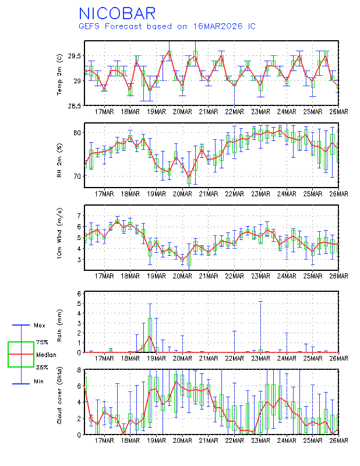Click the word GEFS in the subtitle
tap(89, 26)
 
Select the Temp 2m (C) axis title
tap(60, 73)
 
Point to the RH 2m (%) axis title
tap(60, 156)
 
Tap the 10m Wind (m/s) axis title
tap(60, 237)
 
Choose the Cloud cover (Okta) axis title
tap(60, 401)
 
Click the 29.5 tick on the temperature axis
tap(73, 57)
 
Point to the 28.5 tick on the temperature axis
tap(73, 106)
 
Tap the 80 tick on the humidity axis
tap(77, 133)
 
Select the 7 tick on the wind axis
tap(79, 216)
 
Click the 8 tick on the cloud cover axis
tap(79, 369)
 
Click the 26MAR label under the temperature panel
tap(338, 111)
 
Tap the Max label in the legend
tap(40, 325)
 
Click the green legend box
tap(21, 354)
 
